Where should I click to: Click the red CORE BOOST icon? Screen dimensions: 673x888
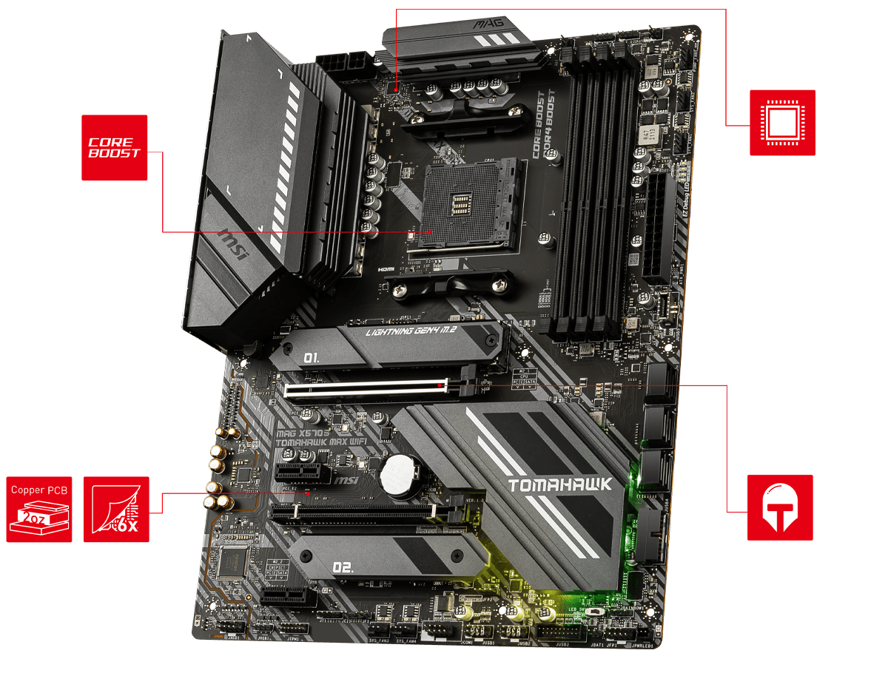pyautogui.click(x=114, y=148)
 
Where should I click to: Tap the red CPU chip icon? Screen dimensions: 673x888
pyautogui.click(x=782, y=123)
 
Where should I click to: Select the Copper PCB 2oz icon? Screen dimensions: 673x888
pyautogui.click(x=39, y=510)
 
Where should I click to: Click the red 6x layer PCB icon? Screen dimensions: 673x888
pyautogui.click(x=116, y=510)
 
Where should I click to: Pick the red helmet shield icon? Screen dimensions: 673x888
pyautogui.click(x=780, y=507)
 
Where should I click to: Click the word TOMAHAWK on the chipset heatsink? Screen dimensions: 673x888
pyautogui.click(x=560, y=484)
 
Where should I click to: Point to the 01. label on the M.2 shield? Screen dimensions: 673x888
pyautogui.click(x=312, y=358)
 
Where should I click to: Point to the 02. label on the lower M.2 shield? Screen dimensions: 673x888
pyautogui.click(x=343, y=567)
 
